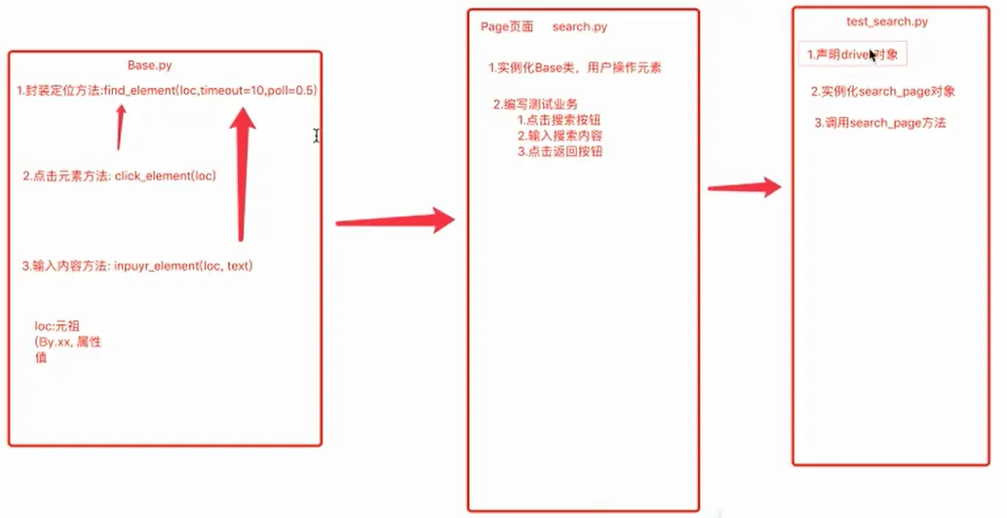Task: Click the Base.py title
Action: pyautogui.click(x=149, y=65)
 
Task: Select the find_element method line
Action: pyautogui.click(x=167, y=90)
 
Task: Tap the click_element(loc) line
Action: pyautogui.click(x=119, y=176)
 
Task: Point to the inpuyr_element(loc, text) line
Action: pyautogui.click(x=137, y=265)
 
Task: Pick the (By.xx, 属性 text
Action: pyautogui.click(x=68, y=342)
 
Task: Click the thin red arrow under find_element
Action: pyautogui.click(x=121, y=127)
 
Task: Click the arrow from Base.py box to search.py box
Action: pyautogui.click(x=395, y=221)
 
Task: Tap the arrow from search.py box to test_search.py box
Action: pyautogui.click(x=745, y=187)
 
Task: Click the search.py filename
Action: pyautogui.click(x=579, y=27)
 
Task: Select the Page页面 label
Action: pyautogui.click(x=507, y=27)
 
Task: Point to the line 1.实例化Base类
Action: pyautogui.click(x=581, y=68)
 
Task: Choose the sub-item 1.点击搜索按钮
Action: pyautogui.click(x=560, y=120)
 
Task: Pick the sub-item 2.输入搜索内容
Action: pyautogui.click(x=560, y=136)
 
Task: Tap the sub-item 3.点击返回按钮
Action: pyautogui.click(x=560, y=151)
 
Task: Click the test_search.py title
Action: pyautogui.click(x=887, y=21)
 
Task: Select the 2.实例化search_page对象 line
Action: pyautogui.click(x=883, y=92)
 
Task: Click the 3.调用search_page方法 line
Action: pyautogui.click(x=880, y=123)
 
